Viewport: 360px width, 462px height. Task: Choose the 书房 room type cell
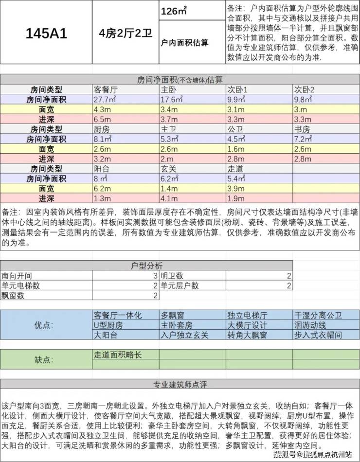pos(302,129)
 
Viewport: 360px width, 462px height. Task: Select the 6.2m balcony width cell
pos(103,189)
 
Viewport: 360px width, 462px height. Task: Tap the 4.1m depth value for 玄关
pos(169,198)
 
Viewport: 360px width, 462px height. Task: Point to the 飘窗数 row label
pos(13,295)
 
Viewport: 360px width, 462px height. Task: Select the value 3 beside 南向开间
pos(155,276)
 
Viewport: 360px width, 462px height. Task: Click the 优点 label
pos(46,325)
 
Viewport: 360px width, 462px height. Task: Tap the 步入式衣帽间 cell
pos(318,335)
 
